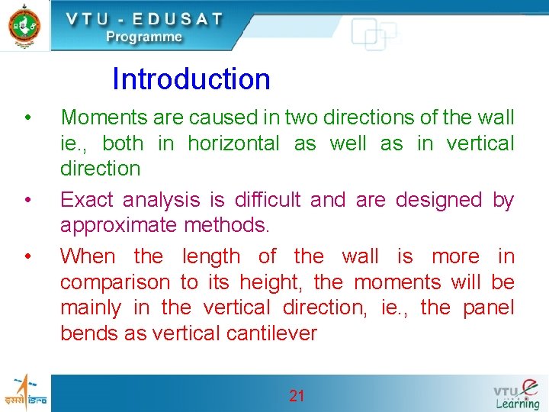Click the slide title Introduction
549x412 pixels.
tap(191, 79)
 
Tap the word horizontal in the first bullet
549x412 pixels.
tap(233, 143)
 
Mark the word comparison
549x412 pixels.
tap(116, 283)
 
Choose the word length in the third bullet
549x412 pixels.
tap(210, 256)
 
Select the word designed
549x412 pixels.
tap(438, 200)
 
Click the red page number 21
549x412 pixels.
tap(297, 395)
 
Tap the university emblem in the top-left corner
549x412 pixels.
tap(24, 25)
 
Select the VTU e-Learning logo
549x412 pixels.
tap(516, 394)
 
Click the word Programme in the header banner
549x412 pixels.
tap(144, 37)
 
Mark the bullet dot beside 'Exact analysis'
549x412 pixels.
tap(27, 200)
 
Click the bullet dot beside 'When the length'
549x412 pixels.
tap(27, 256)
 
